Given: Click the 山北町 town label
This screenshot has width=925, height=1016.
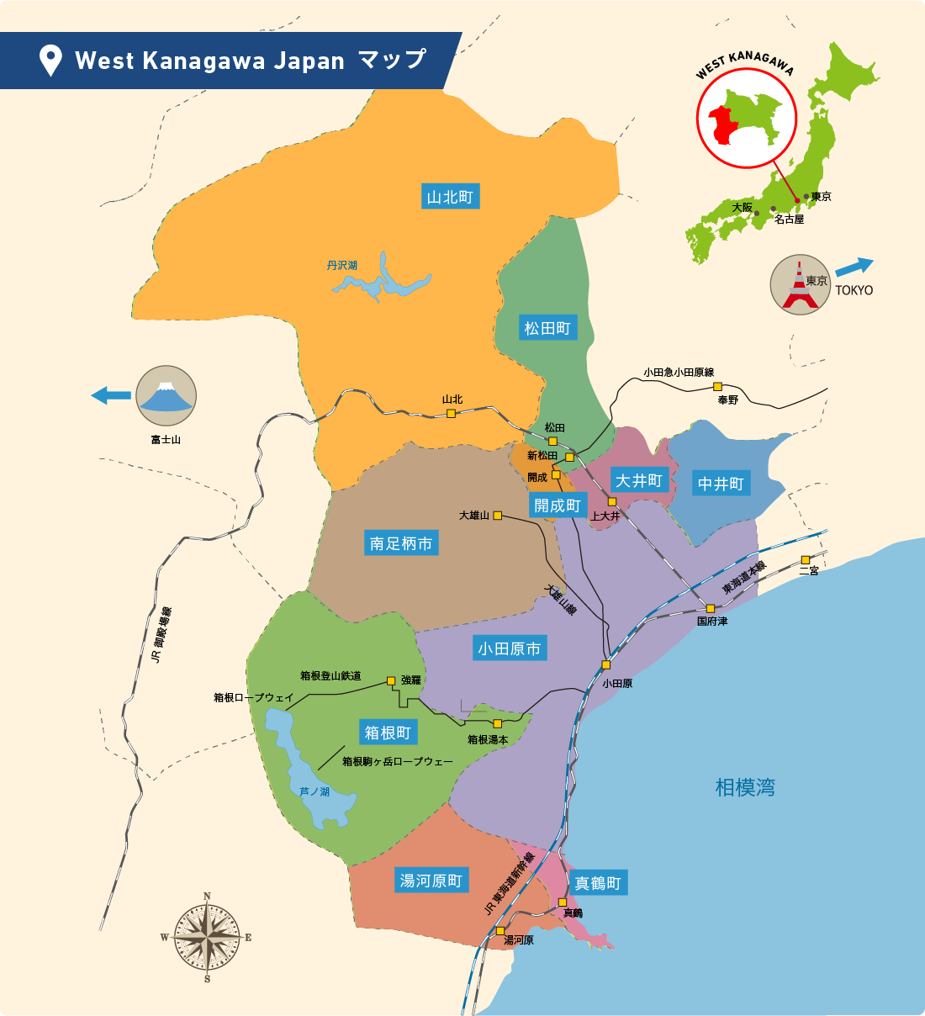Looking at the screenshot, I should click(x=450, y=197).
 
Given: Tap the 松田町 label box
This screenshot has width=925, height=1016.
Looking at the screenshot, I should click(x=547, y=328).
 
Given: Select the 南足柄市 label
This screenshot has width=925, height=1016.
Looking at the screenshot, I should click(x=401, y=543).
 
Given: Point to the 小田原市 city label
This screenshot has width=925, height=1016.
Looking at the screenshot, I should click(x=510, y=648).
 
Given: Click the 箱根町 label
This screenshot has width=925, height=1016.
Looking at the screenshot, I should click(x=388, y=733).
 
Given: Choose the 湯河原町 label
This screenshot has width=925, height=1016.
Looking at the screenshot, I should click(x=431, y=881).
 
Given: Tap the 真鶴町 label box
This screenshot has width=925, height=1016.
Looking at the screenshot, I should click(x=598, y=883).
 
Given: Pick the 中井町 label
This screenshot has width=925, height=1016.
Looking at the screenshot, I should click(x=721, y=484).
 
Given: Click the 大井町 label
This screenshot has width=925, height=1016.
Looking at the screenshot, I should click(x=639, y=480).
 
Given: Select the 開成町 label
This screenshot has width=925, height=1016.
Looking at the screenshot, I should click(x=558, y=505).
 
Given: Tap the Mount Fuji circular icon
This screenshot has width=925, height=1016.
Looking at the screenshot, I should click(x=166, y=395).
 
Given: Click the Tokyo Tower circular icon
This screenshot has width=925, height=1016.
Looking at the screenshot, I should click(x=801, y=284).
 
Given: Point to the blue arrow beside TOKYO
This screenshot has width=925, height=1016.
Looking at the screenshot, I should click(x=854, y=266).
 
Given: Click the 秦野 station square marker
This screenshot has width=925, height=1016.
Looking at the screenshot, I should click(x=718, y=386).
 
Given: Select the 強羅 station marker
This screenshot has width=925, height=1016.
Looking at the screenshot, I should click(x=391, y=680).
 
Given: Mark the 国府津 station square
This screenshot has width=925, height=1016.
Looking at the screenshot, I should click(x=711, y=608).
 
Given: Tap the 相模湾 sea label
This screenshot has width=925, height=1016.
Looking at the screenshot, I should click(x=745, y=787).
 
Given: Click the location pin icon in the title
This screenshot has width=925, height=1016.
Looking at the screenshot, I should click(x=51, y=61).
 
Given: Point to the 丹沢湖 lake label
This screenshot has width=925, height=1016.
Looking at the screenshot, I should click(x=342, y=265).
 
